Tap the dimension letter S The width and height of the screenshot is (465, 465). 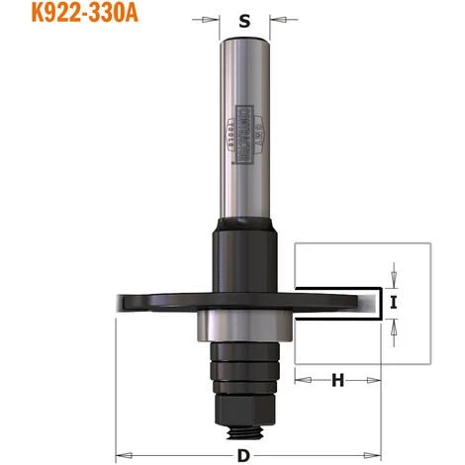pos(243,19)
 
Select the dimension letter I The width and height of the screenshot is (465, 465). pos(394,304)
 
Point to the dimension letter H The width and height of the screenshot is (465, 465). pos(337,380)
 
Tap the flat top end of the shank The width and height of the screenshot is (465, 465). pos(243,41)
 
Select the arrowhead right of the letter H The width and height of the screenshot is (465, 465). pos(377,380)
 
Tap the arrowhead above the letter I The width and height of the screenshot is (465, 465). pos(394,280)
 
